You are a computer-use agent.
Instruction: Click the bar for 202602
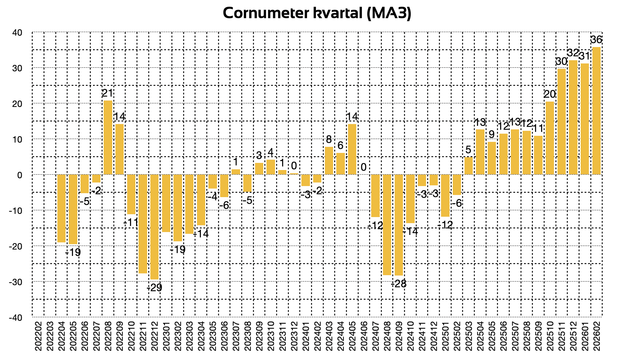click(596, 110)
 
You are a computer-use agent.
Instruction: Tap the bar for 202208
click(108, 137)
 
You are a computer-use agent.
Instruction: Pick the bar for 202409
click(399, 225)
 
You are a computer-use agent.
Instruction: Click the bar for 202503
click(468, 166)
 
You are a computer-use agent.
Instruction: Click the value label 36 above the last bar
click(596, 40)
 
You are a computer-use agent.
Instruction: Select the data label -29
click(155, 287)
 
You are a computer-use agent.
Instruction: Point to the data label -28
click(399, 284)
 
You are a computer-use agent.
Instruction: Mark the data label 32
click(573, 53)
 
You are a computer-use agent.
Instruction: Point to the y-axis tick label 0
click(20, 175)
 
